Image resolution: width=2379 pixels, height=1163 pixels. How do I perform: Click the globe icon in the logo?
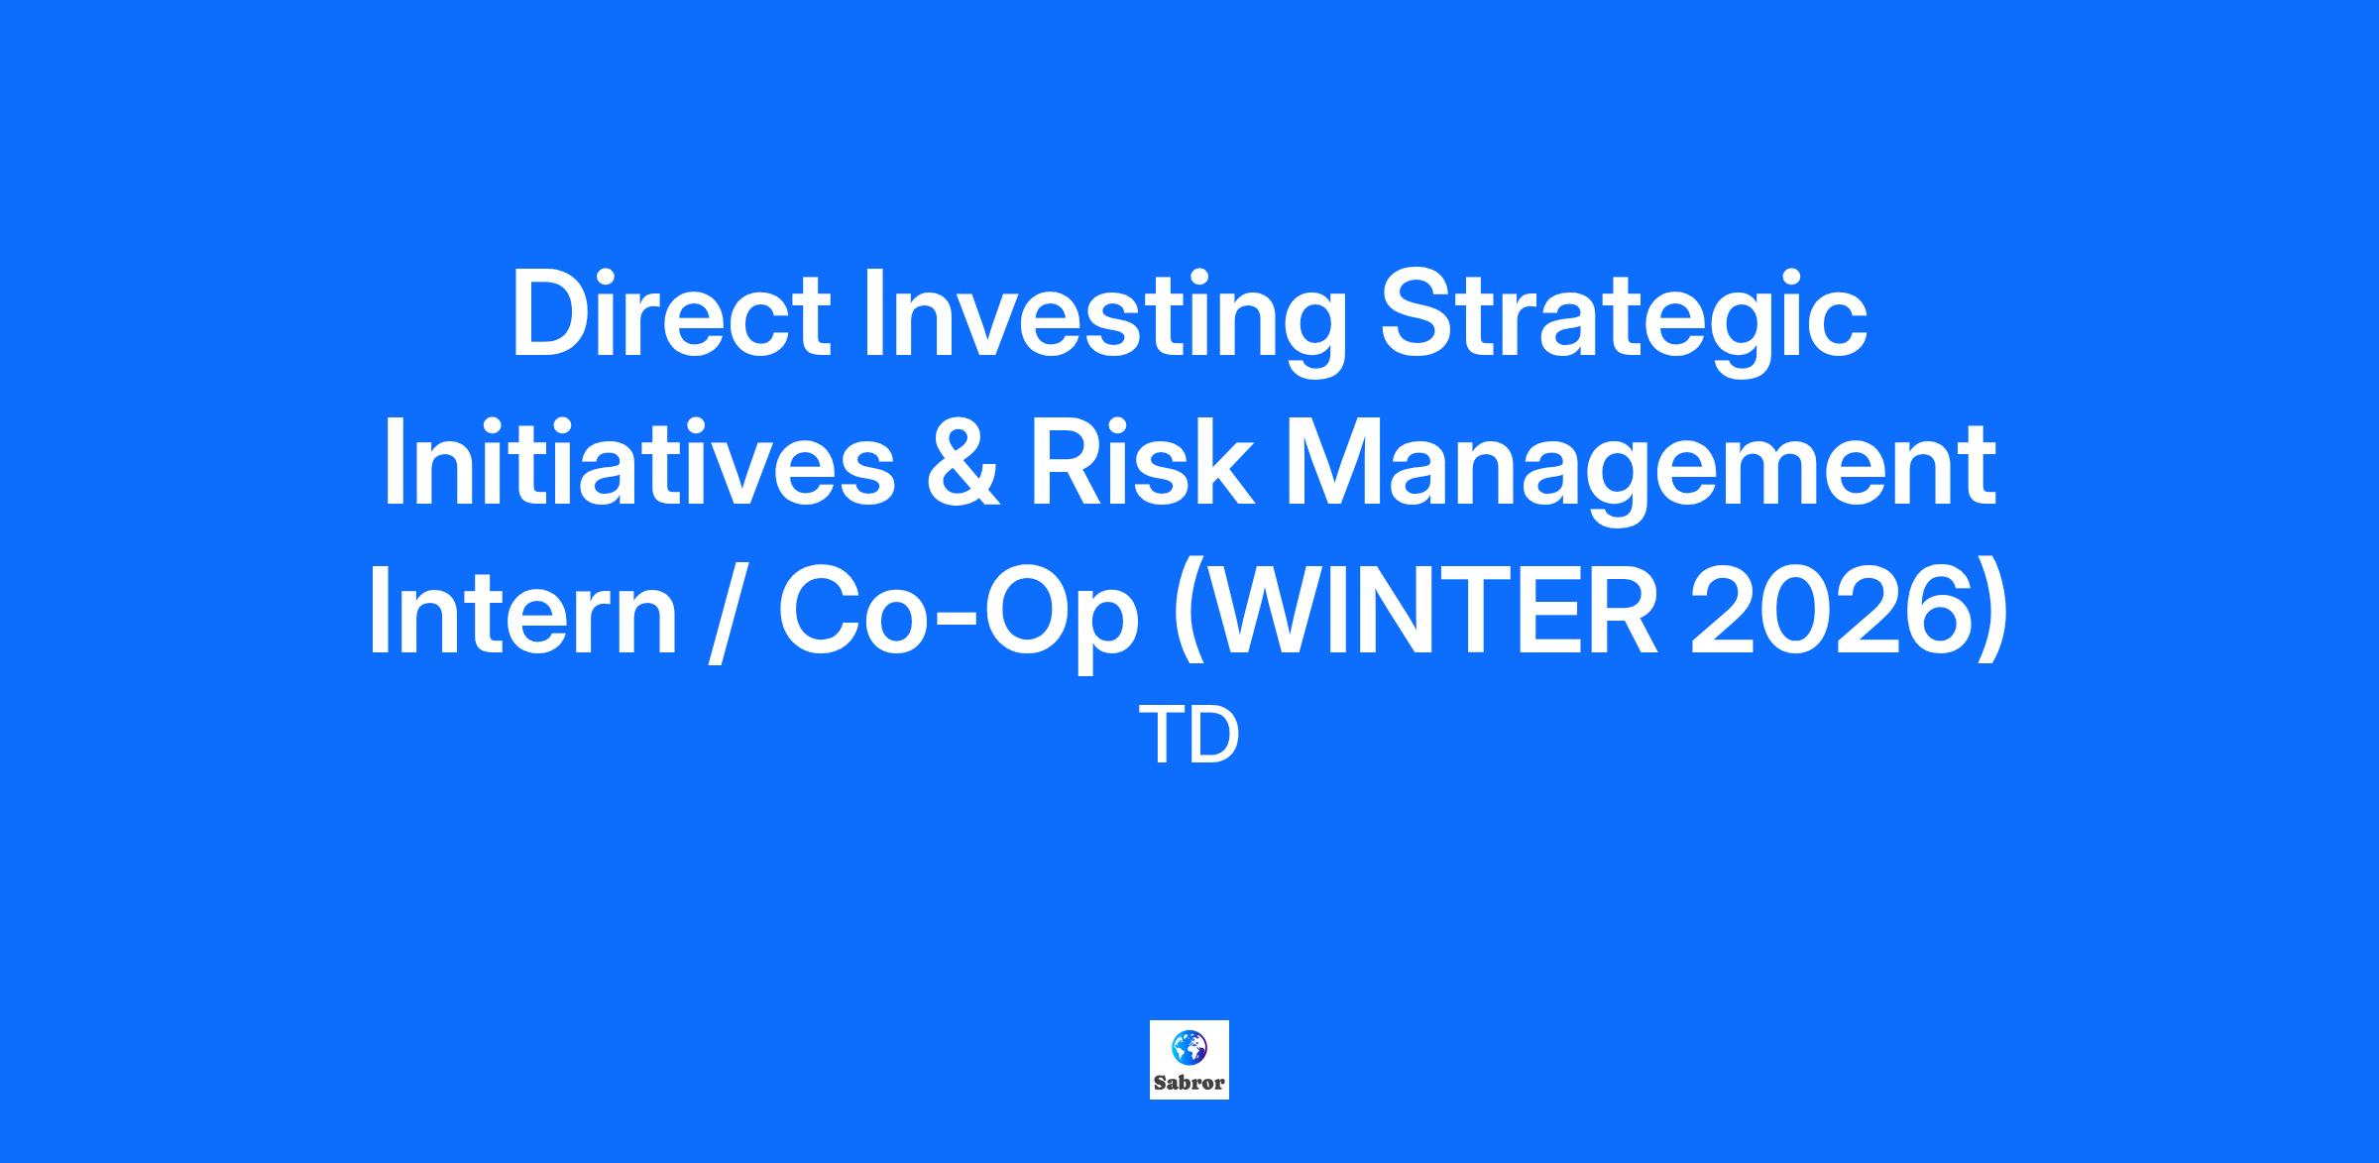point(1189,1046)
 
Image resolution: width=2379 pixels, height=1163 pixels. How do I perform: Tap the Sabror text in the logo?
point(1189,1083)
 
